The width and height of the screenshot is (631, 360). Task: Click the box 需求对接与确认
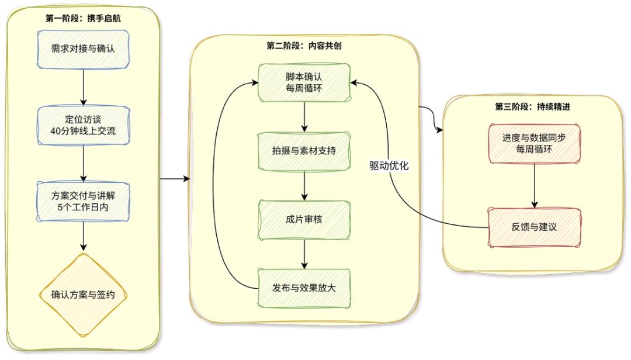83,47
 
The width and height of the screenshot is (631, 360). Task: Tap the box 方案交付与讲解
83,200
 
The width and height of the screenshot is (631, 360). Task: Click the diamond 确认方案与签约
83,294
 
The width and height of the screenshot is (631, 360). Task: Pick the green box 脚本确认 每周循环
304,82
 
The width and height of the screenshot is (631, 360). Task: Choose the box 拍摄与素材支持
304,150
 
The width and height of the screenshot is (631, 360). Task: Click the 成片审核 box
304,220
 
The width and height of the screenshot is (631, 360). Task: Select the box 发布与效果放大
304,287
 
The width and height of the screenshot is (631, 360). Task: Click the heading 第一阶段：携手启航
83,18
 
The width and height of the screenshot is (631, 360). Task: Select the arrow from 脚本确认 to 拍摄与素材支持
304,116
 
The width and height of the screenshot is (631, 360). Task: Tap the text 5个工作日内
83,206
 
